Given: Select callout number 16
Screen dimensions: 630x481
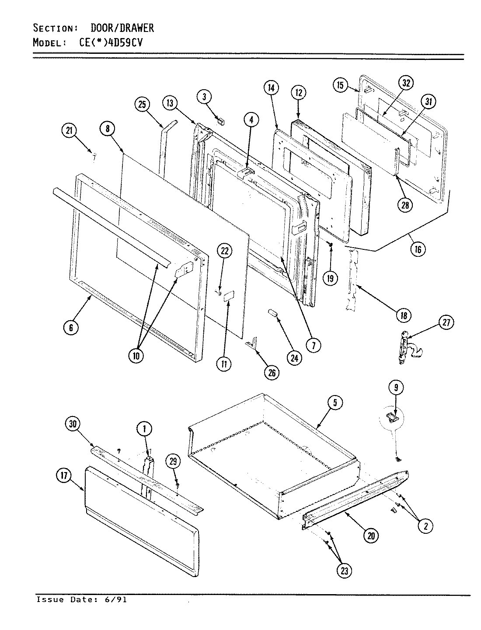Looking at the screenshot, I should point(418,249).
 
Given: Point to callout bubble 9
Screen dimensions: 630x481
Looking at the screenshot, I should point(395,387).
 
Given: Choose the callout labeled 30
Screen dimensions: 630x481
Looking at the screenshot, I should point(73,423).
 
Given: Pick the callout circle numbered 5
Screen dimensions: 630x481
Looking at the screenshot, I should point(335,403).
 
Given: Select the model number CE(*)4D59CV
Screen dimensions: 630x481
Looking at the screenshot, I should point(109,43).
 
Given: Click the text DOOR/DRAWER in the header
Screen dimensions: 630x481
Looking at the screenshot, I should point(122,28).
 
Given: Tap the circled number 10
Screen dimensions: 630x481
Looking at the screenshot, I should point(136,356).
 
